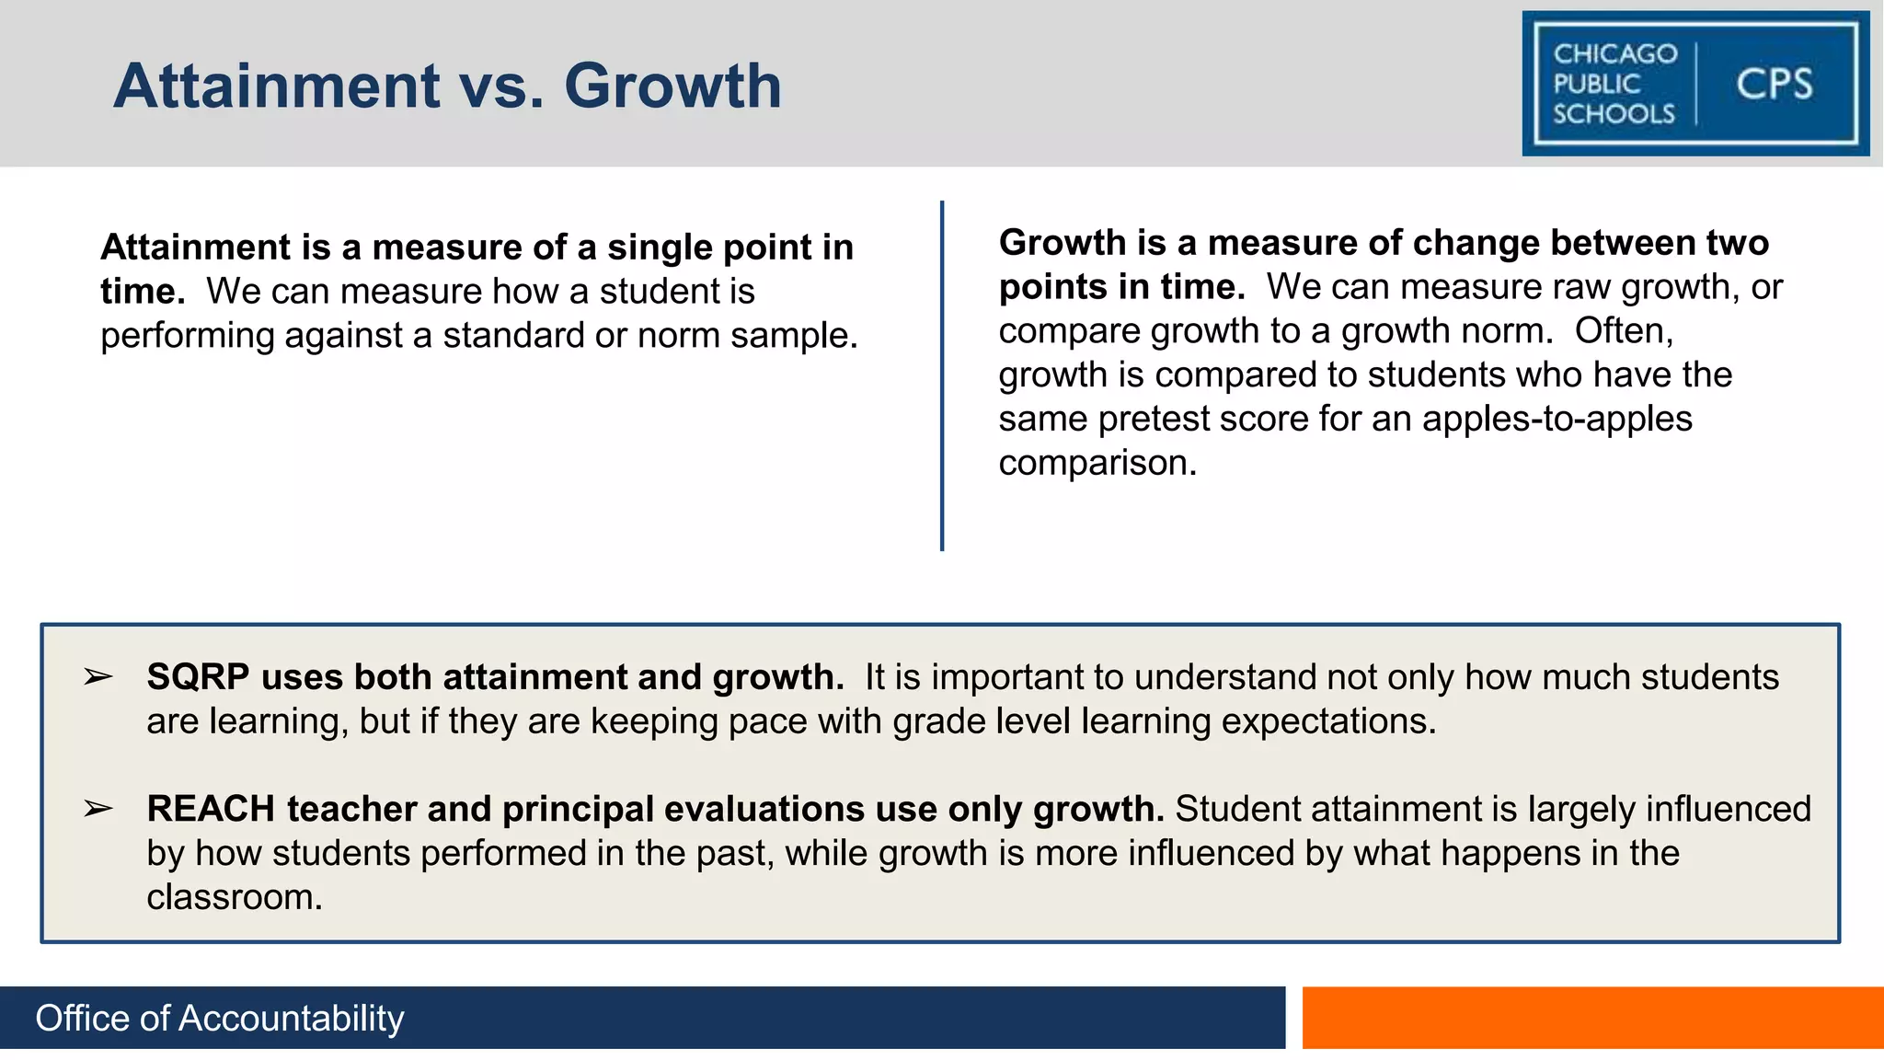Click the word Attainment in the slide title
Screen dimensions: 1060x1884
(x=276, y=86)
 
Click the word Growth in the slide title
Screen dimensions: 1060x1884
(x=672, y=86)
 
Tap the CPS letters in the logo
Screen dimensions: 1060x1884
(x=1774, y=85)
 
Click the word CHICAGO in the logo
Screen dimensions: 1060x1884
(x=1615, y=54)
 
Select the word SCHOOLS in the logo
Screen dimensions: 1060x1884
(x=1614, y=114)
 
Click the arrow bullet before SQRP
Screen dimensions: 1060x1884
(x=98, y=678)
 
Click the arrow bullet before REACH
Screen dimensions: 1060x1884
(x=98, y=810)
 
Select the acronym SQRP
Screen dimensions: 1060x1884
(x=198, y=678)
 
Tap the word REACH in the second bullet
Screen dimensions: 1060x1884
(x=211, y=810)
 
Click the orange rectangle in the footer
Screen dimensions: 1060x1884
(x=1592, y=1018)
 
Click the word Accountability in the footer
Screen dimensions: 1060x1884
(x=291, y=1019)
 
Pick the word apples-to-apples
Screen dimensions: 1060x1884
(x=1557, y=420)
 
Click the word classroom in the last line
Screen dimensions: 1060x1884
(x=234, y=897)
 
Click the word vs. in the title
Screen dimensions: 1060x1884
(x=501, y=86)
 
